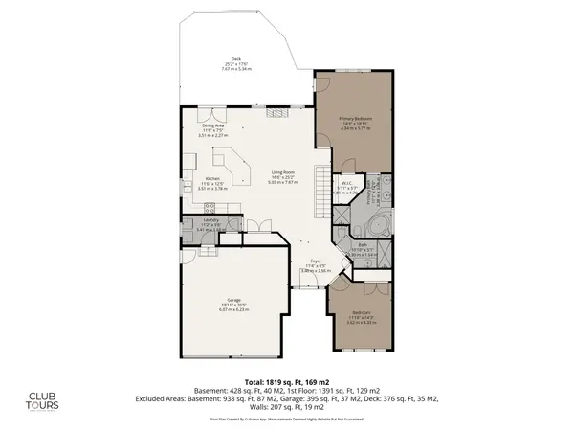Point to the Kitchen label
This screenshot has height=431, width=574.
pos(212,183)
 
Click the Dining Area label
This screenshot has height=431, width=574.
pos(212,130)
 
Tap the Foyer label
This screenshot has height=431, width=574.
pos(314,267)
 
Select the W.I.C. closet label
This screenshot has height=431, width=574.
pos(348,187)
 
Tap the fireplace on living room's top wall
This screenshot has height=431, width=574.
pos(271,113)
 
